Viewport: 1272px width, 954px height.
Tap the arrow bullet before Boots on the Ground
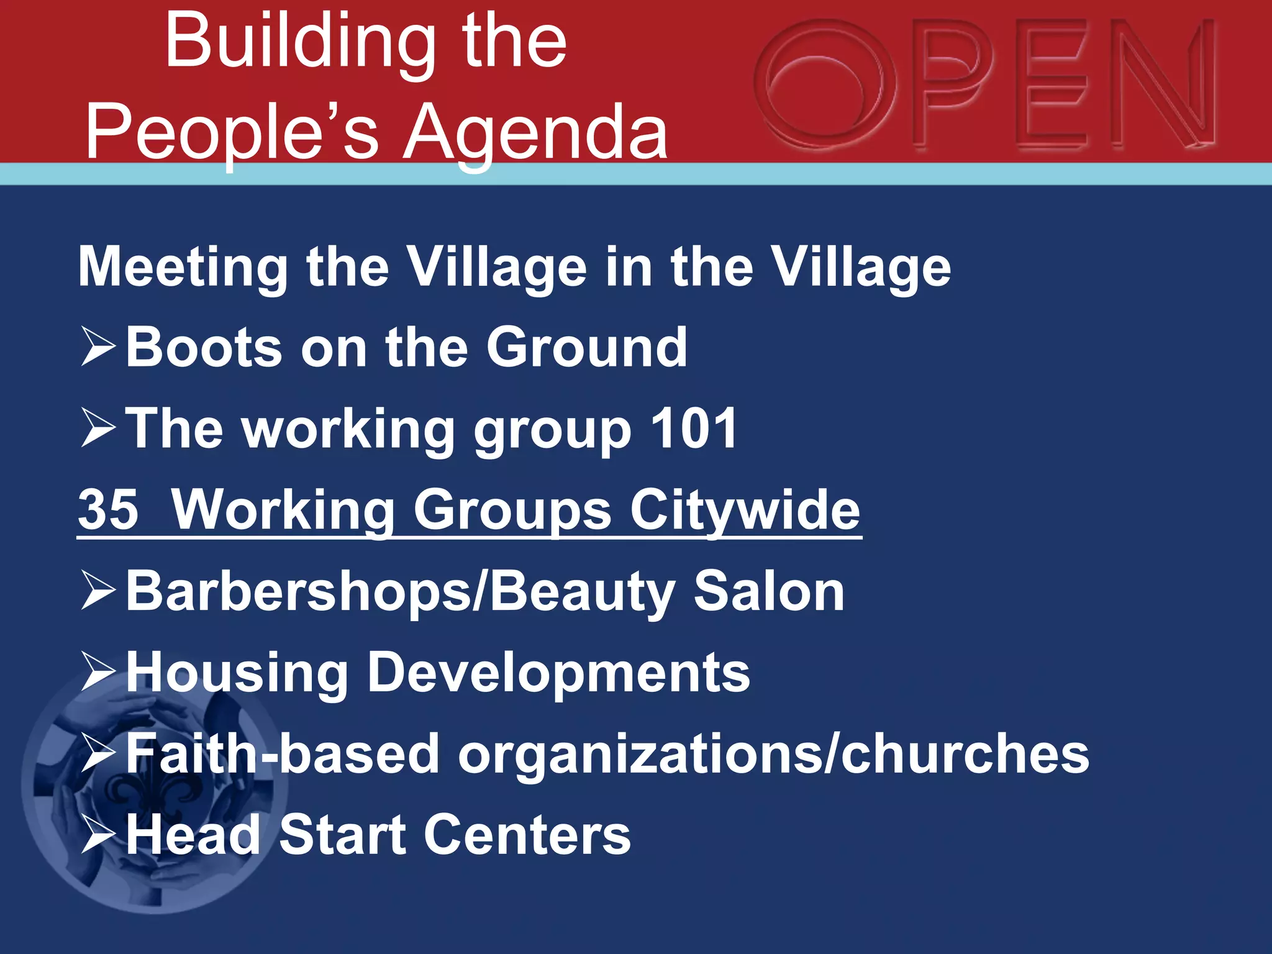coord(98,348)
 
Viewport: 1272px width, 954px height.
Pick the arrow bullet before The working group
coord(98,429)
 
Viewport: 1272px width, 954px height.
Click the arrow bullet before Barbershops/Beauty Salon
coord(98,591)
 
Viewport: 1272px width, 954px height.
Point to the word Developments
coord(559,673)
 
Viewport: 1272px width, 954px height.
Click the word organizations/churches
coord(773,754)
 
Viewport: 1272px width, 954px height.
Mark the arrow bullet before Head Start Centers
coord(98,835)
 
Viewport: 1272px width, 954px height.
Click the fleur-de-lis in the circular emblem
coord(149,792)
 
